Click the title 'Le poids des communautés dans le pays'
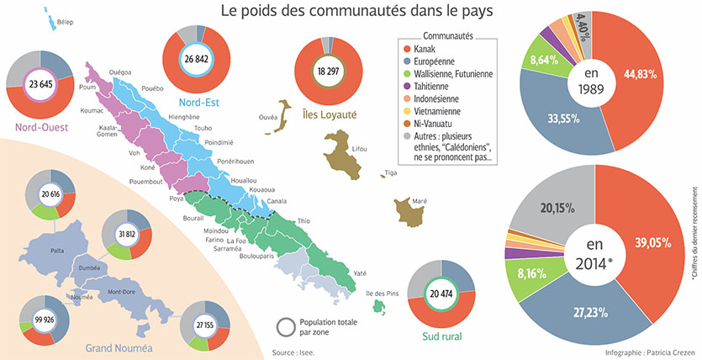click(356, 12)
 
